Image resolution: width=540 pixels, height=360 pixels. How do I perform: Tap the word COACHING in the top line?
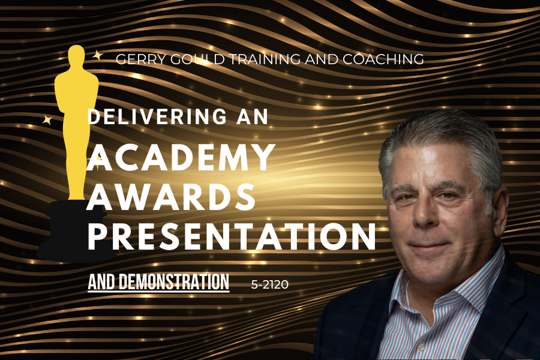(383, 59)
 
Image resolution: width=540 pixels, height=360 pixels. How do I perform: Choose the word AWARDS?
(171, 197)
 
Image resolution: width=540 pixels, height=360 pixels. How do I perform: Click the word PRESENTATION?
(232, 236)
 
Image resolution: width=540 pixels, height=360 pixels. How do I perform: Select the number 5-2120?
(269, 284)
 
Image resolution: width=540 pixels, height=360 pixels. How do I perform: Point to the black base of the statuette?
(76, 230)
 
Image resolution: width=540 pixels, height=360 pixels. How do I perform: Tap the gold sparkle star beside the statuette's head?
(98, 55)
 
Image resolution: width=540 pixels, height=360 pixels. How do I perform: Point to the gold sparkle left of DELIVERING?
(47, 120)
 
